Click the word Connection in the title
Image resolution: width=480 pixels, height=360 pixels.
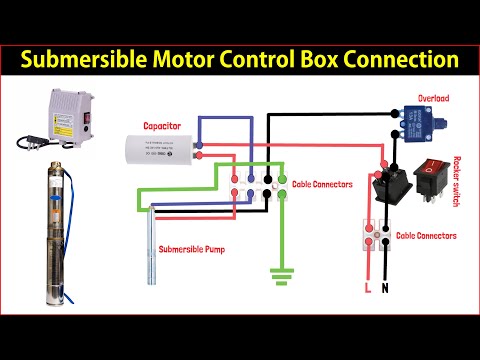(402, 59)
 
